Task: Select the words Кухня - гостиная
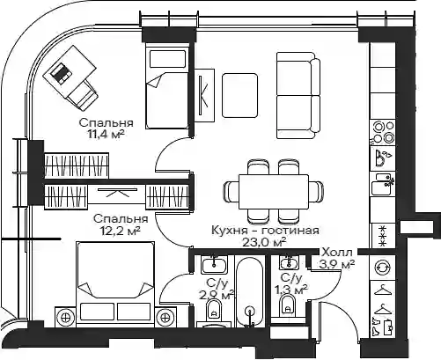pos(265,230)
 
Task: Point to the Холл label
pos(337,252)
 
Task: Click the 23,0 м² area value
pos(264,242)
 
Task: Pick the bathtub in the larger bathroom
pos(250,291)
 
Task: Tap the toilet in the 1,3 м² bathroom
pos(288,305)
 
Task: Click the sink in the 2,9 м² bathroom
pos(214,264)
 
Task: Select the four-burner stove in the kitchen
pos(383,132)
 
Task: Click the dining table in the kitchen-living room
pos(274,192)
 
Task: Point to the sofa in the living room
pos(298,95)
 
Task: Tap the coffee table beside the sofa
pos(239,96)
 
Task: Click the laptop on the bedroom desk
pos(61,73)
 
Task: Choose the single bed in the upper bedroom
pos(167,87)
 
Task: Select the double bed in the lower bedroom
pos(115,284)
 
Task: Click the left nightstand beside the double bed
pos(65,317)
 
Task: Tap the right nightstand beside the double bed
pos(165,317)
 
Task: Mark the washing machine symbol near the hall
pos(383,268)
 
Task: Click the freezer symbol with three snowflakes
pos(383,236)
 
